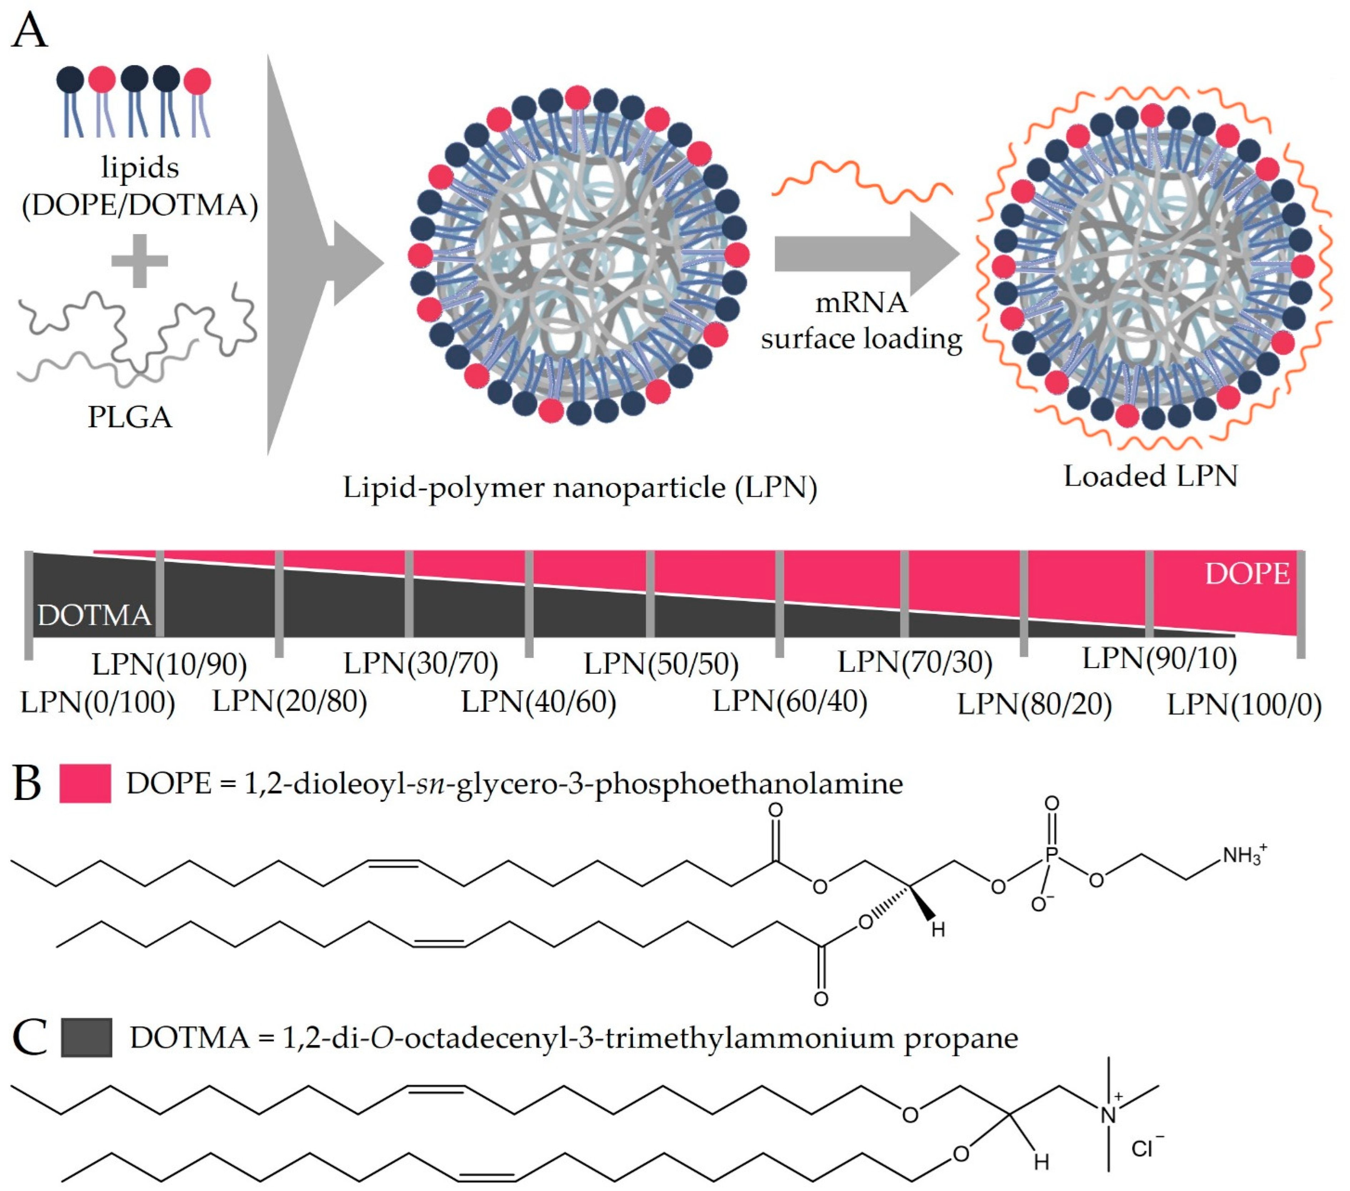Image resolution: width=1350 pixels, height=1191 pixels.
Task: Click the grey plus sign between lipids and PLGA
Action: coord(139,261)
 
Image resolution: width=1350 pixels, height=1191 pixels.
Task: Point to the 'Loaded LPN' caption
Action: coord(1150,476)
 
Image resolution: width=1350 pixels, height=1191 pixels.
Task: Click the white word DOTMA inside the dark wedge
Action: coord(94,616)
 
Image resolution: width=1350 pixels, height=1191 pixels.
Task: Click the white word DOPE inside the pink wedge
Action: coord(1247,574)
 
